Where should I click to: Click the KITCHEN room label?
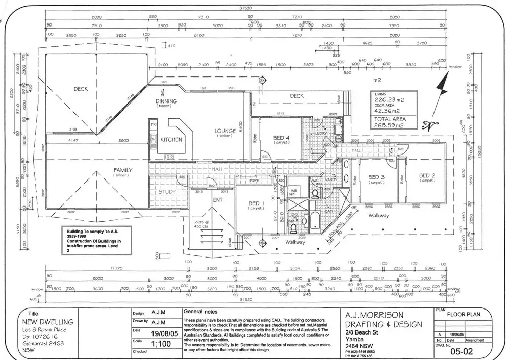pyautogui.click(x=171, y=139)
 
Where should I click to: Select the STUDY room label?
pyautogui.click(x=167, y=192)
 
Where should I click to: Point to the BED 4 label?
pyautogui.click(x=282, y=138)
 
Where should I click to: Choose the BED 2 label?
pyautogui.click(x=427, y=175)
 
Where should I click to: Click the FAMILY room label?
pyautogui.click(x=122, y=170)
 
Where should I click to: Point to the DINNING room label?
pyautogui.click(x=166, y=101)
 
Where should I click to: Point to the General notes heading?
pyautogui.click(x=200, y=312)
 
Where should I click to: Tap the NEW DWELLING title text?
pyautogui.click(x=48, y=322)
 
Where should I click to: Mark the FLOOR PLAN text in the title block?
pyautogui.click(x=463, y=314)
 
